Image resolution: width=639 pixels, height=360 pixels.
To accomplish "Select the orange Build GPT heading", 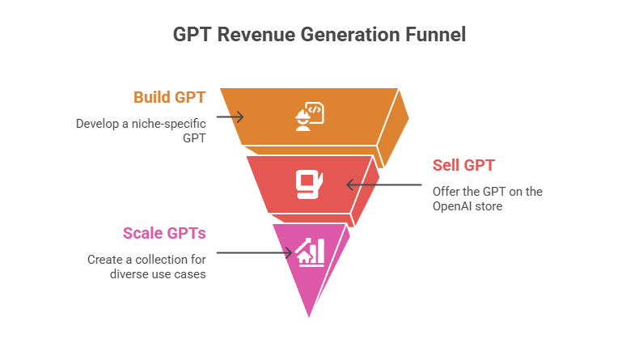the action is (x=170, y=97).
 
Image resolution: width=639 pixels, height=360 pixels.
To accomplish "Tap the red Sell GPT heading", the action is (x=463, y=166).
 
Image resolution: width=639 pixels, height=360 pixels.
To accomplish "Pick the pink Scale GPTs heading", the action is (x=164, y=234).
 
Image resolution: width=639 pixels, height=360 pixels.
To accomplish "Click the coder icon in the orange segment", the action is (x=309, y=116).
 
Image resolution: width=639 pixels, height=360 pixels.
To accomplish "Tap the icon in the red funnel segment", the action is (x=309, y=184).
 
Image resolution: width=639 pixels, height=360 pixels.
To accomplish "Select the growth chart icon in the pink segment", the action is (x=310, y=252).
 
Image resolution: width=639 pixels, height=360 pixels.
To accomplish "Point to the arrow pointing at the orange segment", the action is (x=231, y=117).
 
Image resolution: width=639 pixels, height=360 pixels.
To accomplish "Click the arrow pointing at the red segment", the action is (x=384, y=184).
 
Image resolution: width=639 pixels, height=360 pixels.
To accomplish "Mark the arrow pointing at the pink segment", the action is (x=254, y=252).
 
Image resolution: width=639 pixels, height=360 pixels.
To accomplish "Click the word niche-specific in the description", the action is (x=169, y=124).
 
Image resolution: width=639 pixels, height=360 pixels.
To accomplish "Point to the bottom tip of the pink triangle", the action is (x=309, y=317).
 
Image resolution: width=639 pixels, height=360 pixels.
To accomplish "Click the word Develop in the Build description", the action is (x=97, y=124).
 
